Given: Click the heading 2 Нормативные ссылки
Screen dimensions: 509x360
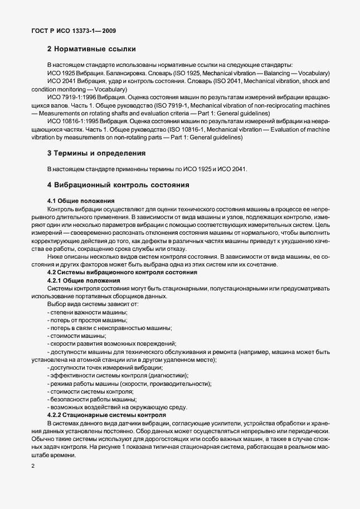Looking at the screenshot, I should tap(91, 49).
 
